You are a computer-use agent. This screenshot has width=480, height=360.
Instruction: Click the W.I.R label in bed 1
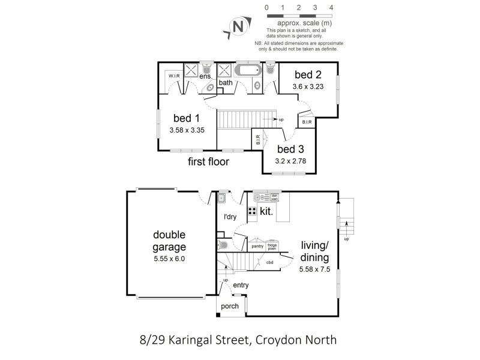pos(174,76)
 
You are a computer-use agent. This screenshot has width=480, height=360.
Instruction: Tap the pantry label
pos(258,246)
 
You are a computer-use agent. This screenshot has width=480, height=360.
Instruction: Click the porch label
pos(229,306)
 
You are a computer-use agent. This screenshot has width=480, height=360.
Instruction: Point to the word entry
pos(249,285)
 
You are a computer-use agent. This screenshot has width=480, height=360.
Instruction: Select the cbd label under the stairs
pos(269,262)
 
